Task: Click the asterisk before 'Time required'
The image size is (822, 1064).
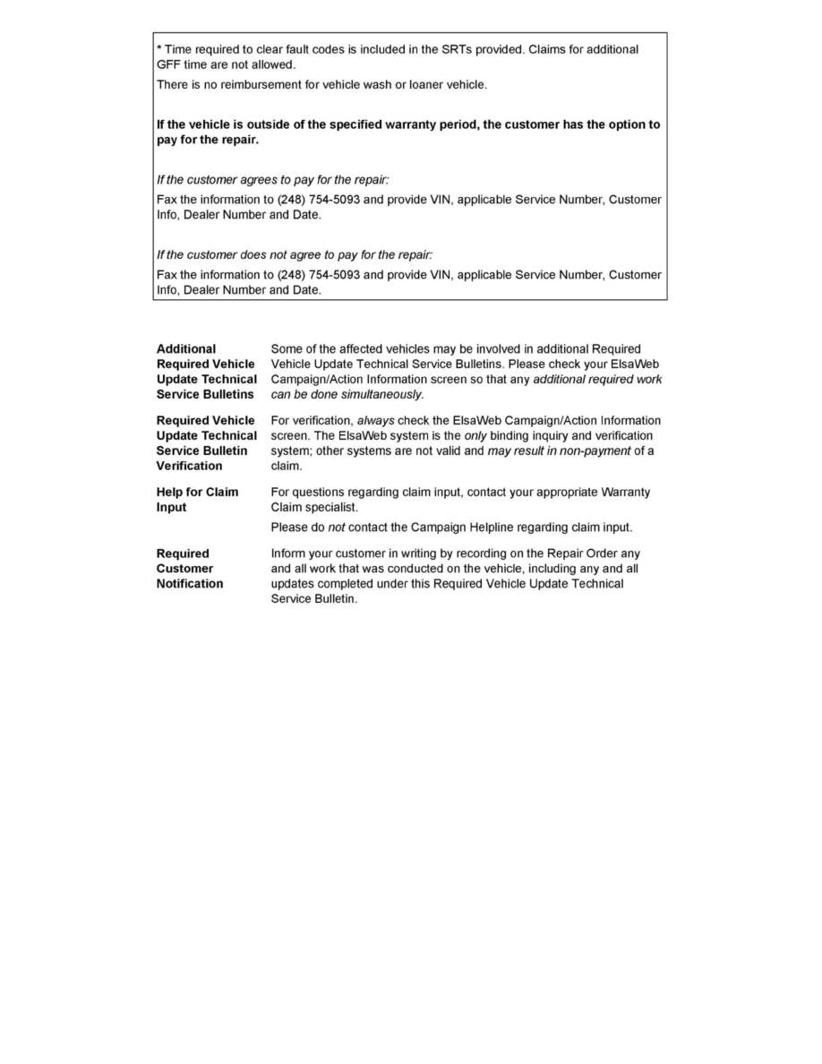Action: [159, 48]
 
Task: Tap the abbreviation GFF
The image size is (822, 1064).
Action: [169, 64]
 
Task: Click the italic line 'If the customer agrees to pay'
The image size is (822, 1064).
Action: [273, 180]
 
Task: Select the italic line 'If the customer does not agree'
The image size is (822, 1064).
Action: [295, 255]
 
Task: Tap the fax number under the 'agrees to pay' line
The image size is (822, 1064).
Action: [322, 200]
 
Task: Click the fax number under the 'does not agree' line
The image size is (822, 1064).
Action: [322, 275]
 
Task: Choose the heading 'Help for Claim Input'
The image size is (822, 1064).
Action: [197, 500]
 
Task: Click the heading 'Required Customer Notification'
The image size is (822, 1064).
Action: [190, 569]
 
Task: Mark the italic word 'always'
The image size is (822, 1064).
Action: [376, 420]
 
